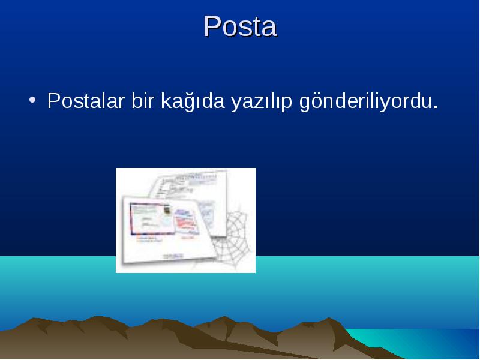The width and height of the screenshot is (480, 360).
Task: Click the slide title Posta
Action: pyautogui.click(x=241, y=26)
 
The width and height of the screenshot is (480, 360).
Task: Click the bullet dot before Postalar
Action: pyautogui.click(x=32, y=100)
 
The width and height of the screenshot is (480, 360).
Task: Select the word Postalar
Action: pyautogui.click(x=86, y=100)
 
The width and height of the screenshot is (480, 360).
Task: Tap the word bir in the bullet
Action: pyautogui.click(x=142, y=100)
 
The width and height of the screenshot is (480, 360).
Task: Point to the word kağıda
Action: pyautogui.click(x=193, y=101)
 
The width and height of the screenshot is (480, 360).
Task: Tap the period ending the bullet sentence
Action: pyautogui.click(x=436, y=107)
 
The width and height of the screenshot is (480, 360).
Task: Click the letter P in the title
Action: pyautogui.click(x=212, y=26)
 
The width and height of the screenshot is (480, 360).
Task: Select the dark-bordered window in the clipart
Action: pyautogui.click(x=151, y=218)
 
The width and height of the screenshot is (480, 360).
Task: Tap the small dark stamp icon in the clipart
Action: pyautogui.click(x=167, y=209)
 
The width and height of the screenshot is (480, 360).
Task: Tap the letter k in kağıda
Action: pyautogui.click(x=167, y=100)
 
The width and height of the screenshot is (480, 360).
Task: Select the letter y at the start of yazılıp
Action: pyautogui.click(x=236, y=104)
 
